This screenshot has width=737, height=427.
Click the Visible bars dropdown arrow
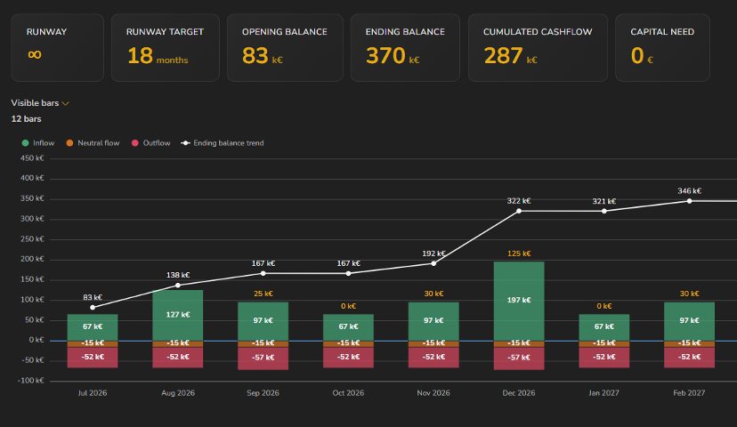pos(65,103)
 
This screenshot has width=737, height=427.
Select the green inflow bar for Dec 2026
pos(519,301)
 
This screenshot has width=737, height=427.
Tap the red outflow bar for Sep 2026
pos(263,359)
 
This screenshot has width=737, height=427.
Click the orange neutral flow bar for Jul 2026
pos(93,344)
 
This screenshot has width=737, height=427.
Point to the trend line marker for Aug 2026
pos(178,286)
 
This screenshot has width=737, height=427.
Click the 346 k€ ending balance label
pos(689,190)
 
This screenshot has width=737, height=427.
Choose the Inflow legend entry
pos(38,143)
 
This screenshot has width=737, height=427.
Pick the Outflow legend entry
pos(151,143)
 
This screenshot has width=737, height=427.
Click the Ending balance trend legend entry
pos(223,143)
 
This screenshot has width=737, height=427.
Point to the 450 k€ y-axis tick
pos(32,158)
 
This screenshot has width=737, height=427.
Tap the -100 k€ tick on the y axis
pos(30,381)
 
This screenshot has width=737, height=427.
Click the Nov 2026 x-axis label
pos(433,392)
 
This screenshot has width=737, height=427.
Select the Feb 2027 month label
pos(689,392)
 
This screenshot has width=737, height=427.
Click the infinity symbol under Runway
pos(35,54)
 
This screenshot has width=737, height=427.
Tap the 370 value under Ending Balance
pos(385,55)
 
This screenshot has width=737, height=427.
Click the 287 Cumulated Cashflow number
pos(504,55)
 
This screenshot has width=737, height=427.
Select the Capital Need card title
pos(662,32)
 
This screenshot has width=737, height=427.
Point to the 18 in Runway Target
pos(140,55)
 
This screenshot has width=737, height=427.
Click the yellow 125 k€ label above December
pos(519,254)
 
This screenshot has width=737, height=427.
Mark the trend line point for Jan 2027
pos(604,211)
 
